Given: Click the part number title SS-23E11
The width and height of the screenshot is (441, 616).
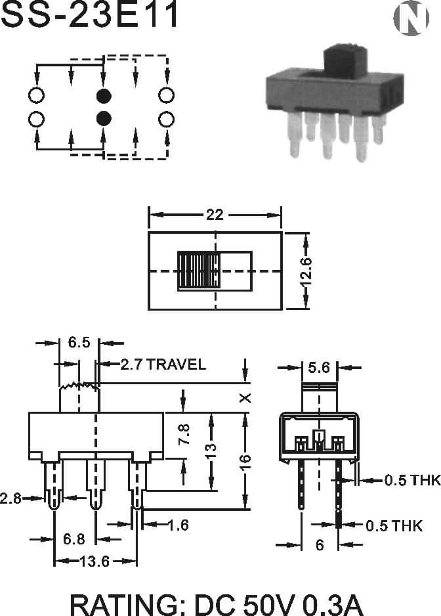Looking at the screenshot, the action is pos(89,14).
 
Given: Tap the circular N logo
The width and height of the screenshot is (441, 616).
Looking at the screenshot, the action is pos(411,18).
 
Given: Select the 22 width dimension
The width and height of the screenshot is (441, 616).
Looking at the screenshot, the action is pos(215,215).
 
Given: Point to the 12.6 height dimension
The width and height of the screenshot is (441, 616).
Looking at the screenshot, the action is pos(306,271).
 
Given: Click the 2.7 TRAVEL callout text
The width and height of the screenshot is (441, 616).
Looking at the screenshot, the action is pos(163,364).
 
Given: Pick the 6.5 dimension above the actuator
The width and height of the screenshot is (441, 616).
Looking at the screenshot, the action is pos(79,342).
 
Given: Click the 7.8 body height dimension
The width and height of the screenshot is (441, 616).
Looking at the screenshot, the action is pos(184,434).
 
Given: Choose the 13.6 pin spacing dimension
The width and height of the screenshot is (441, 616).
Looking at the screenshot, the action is pos(94,561).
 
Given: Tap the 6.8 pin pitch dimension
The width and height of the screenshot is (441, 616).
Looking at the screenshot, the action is pos(73,539).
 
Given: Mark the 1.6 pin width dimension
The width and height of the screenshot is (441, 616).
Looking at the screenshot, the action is pos(178,525).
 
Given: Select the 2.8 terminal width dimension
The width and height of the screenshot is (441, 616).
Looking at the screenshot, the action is pos(10,498).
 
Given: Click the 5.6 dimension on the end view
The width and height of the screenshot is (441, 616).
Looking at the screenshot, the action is pos(319,368).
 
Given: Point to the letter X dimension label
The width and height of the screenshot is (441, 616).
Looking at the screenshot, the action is pos(245,398).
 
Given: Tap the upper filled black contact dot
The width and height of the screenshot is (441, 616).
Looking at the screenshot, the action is pos(104,95).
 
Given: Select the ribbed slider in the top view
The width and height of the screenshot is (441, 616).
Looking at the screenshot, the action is pos(199,271).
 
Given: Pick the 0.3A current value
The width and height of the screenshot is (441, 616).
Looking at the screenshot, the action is pos(333,605).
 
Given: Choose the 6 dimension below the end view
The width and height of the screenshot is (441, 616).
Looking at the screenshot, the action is pos(320,545).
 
